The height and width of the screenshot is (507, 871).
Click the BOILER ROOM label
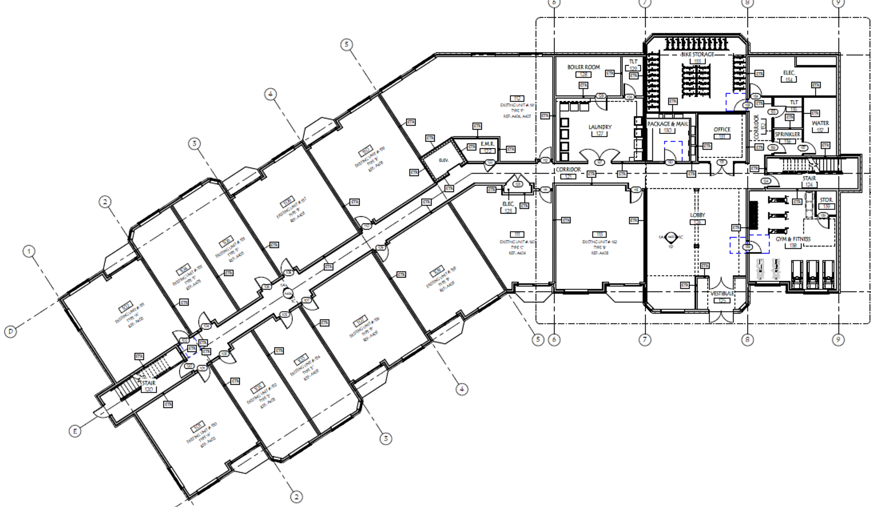pos(583,67)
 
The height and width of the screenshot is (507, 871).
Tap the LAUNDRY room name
pos(600,127)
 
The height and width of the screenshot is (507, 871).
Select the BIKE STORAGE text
pos(697,54)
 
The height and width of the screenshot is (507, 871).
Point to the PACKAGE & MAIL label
pos(668,124)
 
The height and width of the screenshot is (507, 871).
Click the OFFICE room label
pos(722,130)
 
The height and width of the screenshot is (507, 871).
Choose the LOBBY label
pos(697,215)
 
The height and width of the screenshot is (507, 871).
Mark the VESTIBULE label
pos(722,293)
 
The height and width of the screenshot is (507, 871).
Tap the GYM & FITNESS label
pos(793,239)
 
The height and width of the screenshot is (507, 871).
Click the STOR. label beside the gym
pos(826,200)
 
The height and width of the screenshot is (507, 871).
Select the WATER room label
pos(820,123)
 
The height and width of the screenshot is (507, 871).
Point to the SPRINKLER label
pos(788,134)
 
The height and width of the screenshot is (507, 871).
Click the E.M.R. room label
pos(487,144)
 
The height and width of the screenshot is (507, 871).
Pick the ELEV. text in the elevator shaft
pos(443,161)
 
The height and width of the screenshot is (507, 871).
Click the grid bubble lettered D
pos(10,331)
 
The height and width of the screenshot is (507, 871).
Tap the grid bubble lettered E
pos(75,431)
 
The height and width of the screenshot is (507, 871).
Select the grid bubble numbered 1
pos(29,252)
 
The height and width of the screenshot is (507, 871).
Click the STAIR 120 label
pos(148,383)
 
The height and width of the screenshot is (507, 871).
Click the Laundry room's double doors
pos(599,156)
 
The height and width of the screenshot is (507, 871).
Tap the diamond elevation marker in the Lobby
pos(671,237)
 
